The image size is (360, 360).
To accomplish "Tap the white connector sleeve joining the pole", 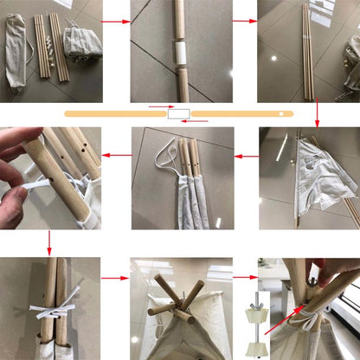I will point(180,54).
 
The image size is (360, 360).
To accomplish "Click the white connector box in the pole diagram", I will point(180,114).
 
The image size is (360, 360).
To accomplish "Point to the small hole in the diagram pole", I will point(281,113).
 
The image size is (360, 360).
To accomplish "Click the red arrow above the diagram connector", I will point(161,108).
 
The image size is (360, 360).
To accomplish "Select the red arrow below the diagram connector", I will point(196,121).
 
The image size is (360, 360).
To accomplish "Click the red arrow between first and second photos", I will point(114,21).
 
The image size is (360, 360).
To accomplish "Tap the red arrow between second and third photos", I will point(245,21).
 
